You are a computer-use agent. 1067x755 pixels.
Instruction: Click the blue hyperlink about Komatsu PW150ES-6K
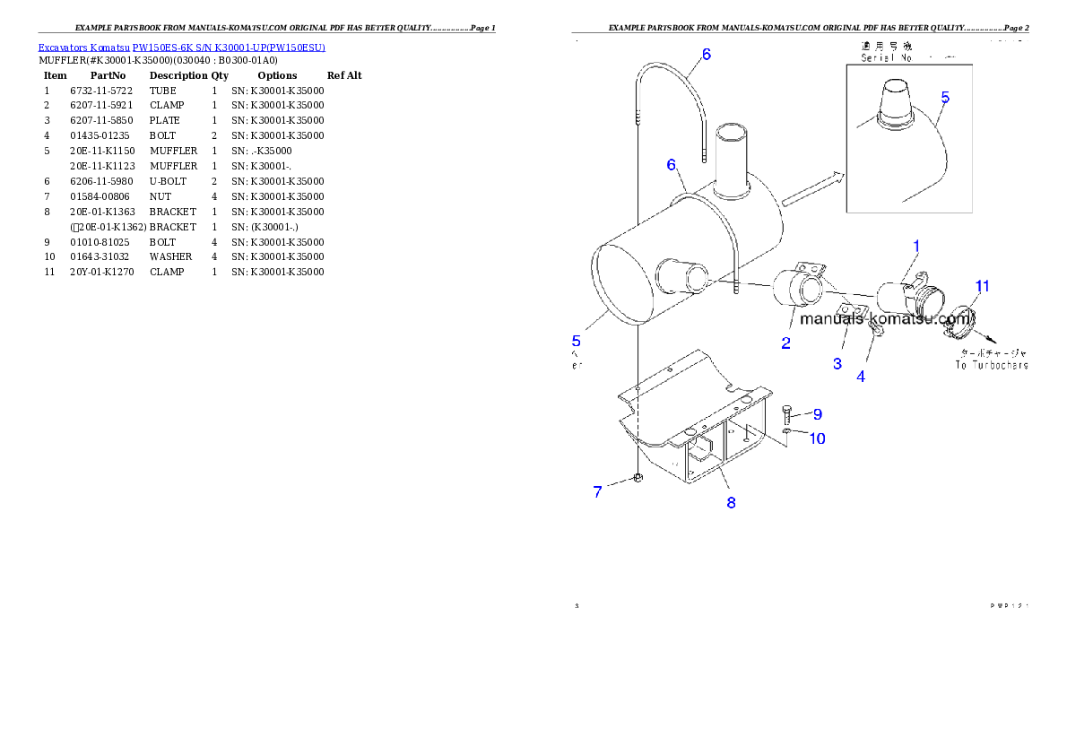[x=181, y=47]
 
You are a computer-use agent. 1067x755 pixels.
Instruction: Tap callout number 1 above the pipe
[x=916, y=245]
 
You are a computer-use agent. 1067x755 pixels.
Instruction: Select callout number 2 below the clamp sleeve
[x=785, y=343]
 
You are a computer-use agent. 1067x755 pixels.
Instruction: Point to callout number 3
[x=837, y=363]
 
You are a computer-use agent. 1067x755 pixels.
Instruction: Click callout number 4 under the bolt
[x=861, y=377]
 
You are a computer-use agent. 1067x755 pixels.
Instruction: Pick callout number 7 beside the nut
[x=597, y=491]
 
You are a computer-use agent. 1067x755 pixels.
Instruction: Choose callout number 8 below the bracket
[x=731, y=503]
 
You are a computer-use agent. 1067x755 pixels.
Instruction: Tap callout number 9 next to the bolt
[x=817, y=414]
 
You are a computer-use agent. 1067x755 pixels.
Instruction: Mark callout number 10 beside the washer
[x=818, y=438]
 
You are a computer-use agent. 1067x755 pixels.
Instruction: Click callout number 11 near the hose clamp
[x=983, y=286]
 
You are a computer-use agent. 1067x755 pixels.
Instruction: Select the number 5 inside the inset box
[x=945, y=97]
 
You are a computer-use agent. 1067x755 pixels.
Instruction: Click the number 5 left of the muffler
[x=577, y=340]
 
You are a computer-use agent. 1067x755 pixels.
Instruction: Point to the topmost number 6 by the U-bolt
[x=707, y=55]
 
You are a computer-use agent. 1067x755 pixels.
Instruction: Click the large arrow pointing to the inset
[x=812, y=189]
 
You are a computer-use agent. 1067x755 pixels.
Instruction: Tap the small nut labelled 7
[x=638, y=478]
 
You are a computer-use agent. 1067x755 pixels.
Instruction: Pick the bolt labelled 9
[x=786, y=412]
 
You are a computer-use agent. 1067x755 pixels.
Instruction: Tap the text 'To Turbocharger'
[x=991, y=365]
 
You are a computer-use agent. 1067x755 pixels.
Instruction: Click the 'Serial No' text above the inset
[x=886, y=57]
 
